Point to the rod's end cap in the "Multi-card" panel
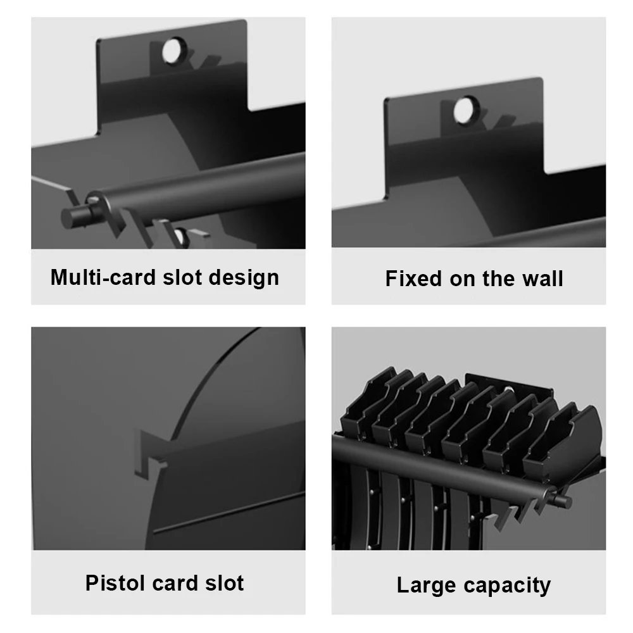tap(75, 217)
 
